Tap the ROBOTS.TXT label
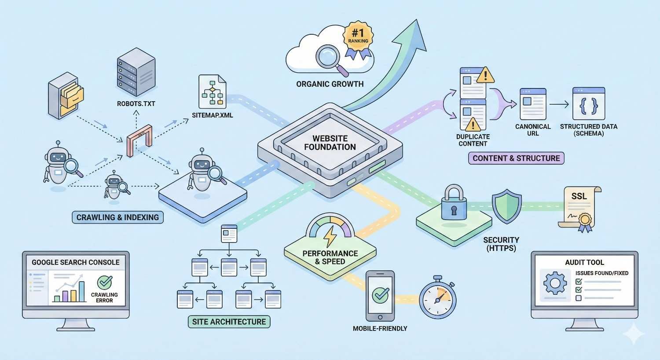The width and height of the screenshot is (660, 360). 136,104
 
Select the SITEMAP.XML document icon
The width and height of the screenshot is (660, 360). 212,92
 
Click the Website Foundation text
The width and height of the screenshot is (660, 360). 330,143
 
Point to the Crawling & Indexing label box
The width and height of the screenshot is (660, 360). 117,217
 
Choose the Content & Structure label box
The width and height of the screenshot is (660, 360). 516,158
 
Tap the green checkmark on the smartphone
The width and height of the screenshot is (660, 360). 380,295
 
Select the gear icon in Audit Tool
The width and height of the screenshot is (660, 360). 555,284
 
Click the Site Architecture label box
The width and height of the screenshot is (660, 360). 229,322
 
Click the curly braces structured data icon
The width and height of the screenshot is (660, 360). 589,104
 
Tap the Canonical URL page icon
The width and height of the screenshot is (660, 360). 533,104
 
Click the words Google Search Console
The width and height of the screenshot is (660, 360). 76,262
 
